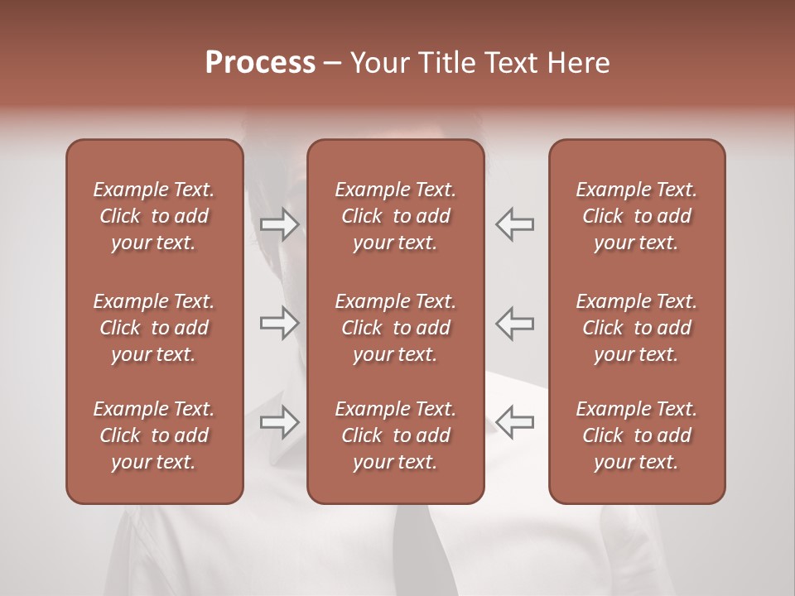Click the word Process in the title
click(x=260, y=63)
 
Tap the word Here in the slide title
click(x=580, y=63)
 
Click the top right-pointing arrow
click(x=279, y=224)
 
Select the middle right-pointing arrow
click(x=279, y=323)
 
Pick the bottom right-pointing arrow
click(x=279, y=422)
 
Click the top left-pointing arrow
click(x=514, y=224)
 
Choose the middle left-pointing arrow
click(x=514, y=323)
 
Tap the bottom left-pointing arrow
click(x=514, y=422)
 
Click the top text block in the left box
click(x=154, y=216)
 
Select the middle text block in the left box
click(x=154, y=328)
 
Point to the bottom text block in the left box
click(x=154, y=435)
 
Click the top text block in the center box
click(x=395, y=216)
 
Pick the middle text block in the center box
click(x=395, y=328)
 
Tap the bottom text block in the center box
click(x=395, y=435)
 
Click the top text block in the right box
click(x=636, y=216)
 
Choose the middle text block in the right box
click(x=636, y=328)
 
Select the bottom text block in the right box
click(x=636, y=435)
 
